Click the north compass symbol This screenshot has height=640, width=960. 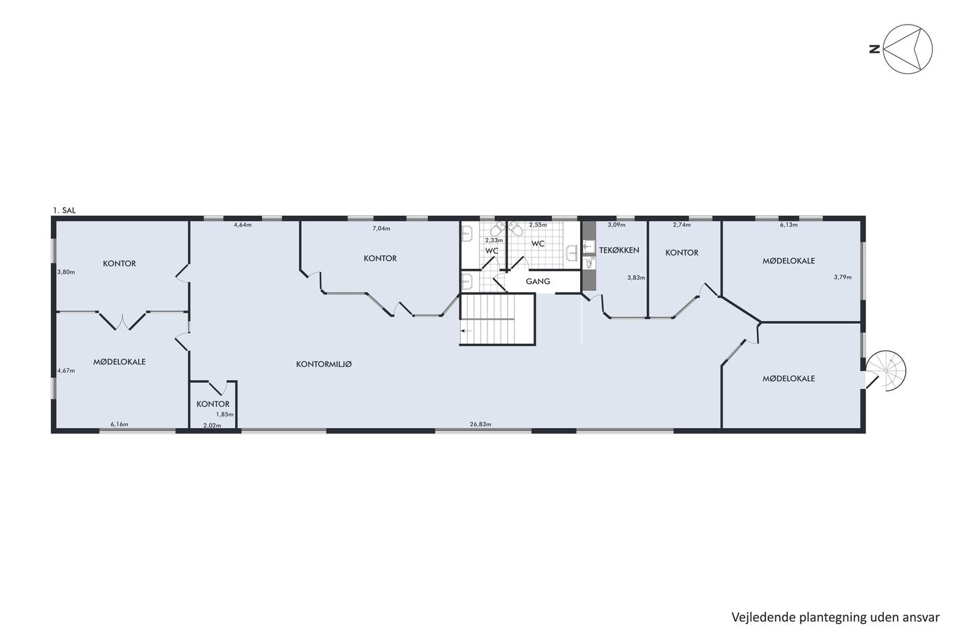(x=908, y=49)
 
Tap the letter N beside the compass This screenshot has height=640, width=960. (x=874, y=49)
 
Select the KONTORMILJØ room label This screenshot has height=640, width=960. (x=324, y=364)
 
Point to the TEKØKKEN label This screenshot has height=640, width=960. (x=619, y=250)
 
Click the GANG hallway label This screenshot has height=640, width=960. (x=538, y=281)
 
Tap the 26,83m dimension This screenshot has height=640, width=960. (x=481, y=425)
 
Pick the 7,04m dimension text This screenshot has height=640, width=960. (x=381, y=228)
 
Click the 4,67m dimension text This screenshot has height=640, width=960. (x=66, y=371)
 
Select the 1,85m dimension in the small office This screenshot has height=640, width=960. (x=225, y=414)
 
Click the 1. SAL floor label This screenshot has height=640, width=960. (x=64, y=211)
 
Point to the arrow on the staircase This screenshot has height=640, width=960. (x=466, y=331)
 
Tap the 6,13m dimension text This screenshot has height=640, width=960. (x=789, y=224)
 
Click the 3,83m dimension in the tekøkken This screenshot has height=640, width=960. (x=636, y=277)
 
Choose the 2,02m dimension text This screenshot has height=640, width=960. (x=212, y=425)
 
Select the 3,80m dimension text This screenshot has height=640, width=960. (x=66, y=272)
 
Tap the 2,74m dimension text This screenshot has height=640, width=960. (x=682, y=224)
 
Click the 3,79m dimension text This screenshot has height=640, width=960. (x=843, y=277)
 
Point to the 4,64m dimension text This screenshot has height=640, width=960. (x=243, y=224)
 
